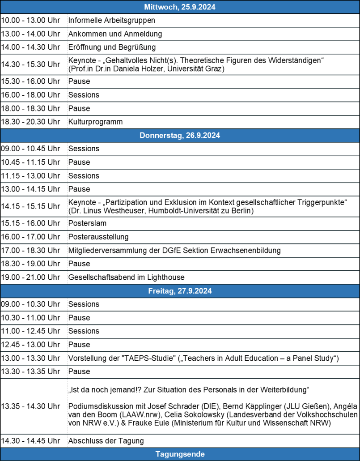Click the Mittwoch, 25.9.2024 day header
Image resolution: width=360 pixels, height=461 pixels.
coord(180,7)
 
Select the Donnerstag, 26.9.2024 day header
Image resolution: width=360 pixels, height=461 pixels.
coord(180,135)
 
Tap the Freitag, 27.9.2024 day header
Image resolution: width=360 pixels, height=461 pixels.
coord(180,291)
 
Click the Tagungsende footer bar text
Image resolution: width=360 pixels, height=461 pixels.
coord(180,454)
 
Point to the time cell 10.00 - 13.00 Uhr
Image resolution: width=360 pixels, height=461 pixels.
coord(30,20)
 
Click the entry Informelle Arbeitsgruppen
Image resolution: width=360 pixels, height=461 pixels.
coord(111,20)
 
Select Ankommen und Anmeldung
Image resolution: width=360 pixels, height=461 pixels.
coord(115,34)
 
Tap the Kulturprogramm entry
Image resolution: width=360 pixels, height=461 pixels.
coord(95,122)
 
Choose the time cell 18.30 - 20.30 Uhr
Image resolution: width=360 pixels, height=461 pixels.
coord(30,122)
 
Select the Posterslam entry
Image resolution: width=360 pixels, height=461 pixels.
coord(87,223)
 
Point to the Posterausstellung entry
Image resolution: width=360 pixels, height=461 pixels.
coord(98,236)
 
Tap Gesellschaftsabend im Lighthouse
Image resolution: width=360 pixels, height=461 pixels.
coord(126,277)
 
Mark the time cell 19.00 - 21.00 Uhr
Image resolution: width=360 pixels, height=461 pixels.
coord(30,277)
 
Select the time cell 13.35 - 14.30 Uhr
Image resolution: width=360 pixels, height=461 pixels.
coord(30,406)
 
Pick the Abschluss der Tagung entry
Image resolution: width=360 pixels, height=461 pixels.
coord(106,441)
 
